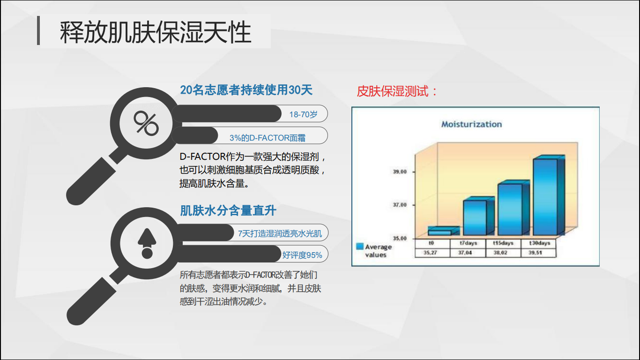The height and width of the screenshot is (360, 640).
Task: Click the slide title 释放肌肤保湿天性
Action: [x=156, y=32]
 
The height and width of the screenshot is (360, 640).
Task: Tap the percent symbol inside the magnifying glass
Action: [x=146, y=123]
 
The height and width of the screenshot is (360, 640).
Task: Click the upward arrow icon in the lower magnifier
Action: [x=147, y=243]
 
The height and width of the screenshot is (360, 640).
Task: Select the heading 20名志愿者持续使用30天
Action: [x=246, y=90]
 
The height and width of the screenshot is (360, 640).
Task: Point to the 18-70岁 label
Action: [x=303, y=114]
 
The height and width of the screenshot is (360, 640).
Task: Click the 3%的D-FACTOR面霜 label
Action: [x=268, y=138]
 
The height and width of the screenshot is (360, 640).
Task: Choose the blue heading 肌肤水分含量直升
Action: [x=228, y=211]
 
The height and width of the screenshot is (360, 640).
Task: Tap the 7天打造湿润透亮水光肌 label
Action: [x=280, y=233]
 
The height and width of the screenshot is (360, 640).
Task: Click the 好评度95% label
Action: [x=302, y=255]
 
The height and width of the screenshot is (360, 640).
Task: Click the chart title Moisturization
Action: [x=471, y=124]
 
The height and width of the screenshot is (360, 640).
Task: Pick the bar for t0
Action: [x=443, y=231]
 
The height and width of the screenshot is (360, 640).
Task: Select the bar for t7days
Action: [x=478, y=216]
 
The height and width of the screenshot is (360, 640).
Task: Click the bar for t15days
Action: [x=513, y=208]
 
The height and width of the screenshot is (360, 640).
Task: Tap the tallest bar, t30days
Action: [x=549, y=195]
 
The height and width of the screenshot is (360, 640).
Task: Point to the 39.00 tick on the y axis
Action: [x=400, y=172]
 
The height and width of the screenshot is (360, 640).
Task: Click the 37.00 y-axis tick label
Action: [x=400, y=205]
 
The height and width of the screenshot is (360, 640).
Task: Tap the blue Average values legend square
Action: [x=360, y=246]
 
